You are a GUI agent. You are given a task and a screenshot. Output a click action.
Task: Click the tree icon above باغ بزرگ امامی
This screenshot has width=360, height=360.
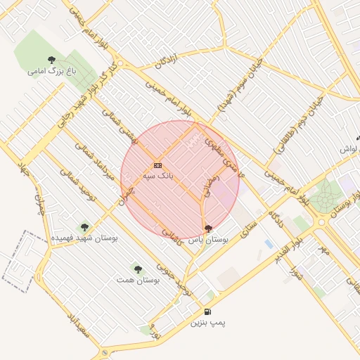click(x=51, y=60)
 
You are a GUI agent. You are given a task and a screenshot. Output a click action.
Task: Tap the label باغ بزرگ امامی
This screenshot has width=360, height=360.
click(x=51, y=71)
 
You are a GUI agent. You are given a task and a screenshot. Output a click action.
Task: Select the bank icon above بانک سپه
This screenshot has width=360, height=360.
click(x=157, y=165)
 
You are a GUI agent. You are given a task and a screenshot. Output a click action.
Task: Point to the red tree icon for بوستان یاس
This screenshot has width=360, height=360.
click(x=207, y=229)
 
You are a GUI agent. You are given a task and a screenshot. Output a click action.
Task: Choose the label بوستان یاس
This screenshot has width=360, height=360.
click(x=208, y=240)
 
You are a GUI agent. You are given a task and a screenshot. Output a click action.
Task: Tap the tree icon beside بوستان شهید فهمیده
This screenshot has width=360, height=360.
click(x=84, y=227)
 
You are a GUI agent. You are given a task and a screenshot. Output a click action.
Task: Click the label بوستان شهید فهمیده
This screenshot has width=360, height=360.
click(x=84, y=238)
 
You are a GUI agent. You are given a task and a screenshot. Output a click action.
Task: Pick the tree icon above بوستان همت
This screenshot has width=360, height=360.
click(x=137, y=269)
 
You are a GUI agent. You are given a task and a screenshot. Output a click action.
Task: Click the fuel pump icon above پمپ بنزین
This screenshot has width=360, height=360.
click(x=207, y=312)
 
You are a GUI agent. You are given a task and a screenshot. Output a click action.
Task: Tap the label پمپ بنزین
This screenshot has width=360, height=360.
click(x=208, y=323)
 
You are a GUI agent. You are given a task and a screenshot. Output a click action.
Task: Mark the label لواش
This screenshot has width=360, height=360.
click(x=349, y=150)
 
